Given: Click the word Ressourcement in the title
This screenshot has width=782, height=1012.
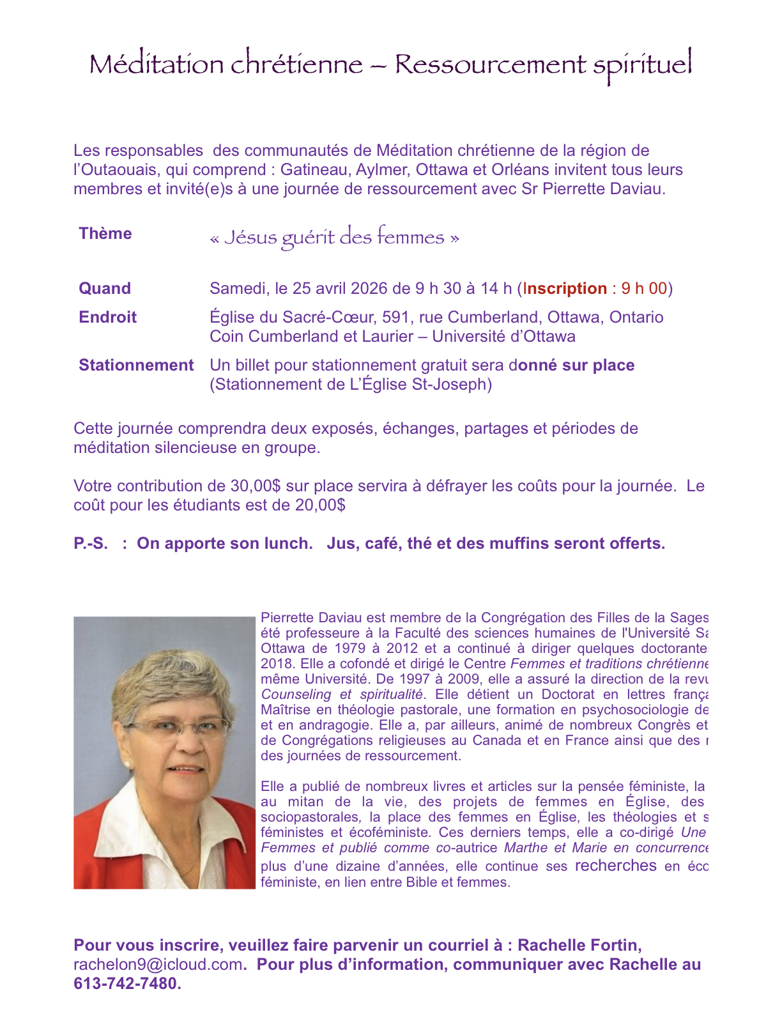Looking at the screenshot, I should [489, 65].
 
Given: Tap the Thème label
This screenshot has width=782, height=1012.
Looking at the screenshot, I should [105, 233].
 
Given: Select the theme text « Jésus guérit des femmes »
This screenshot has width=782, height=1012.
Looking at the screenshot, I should [334, 237].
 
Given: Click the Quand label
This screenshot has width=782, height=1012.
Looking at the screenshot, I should [105, 288].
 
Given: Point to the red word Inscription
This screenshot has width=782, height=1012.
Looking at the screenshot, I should [565, 288].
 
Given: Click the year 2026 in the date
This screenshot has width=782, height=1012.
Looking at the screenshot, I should [370, 288].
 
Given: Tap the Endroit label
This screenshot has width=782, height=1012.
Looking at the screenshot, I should [107, 317].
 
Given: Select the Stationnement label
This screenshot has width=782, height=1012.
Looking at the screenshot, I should [136, 365].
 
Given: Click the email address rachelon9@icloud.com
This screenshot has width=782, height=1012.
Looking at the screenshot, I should [158, 964].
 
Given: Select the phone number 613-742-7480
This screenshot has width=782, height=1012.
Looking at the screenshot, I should [125, 983].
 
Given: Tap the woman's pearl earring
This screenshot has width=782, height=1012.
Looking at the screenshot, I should [126, 764].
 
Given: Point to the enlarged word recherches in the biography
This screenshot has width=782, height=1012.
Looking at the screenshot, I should [615, 866].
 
